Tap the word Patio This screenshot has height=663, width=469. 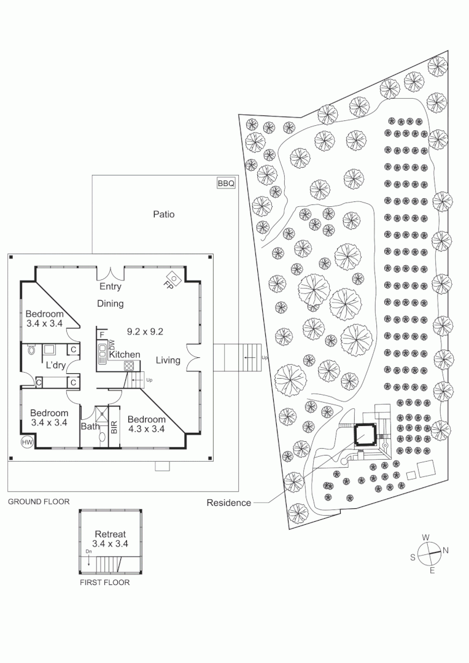(x=163, y=214)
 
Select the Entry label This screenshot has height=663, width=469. (x=110, y=287)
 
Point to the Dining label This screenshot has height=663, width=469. (x=110, y=303)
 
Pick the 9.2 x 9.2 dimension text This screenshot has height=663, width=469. (x=145, y=331)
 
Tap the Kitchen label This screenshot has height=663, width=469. (x=125, y=355)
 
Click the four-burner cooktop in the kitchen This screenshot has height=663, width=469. (x=129, y=365)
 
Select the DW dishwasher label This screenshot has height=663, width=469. (x=112, y=344)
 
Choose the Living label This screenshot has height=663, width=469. (x=168, y=360)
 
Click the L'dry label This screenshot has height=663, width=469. (x=56, y=365)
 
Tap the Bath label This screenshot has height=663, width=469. (x=90, y=426)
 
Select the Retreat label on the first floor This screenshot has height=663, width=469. (x=110, y=534)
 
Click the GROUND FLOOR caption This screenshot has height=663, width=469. (x=39, y=502)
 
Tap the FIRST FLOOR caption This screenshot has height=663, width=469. (x=105, y=583)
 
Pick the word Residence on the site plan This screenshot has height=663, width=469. (x=228, y=503)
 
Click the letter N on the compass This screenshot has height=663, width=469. (x=446, y=550)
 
